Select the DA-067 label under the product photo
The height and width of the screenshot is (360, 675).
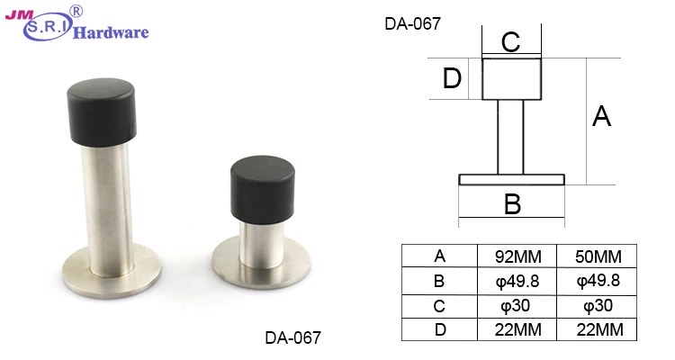292,338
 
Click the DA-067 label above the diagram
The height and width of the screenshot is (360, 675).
412,24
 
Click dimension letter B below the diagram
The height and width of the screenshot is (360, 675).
512,204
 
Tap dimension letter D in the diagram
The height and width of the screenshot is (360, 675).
453,80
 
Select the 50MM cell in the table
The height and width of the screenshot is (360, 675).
598,256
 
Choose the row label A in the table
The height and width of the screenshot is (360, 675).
439,256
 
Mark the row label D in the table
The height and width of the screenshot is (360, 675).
439,329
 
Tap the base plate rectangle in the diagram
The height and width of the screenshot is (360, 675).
511,179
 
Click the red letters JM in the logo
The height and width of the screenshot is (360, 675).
20,15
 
